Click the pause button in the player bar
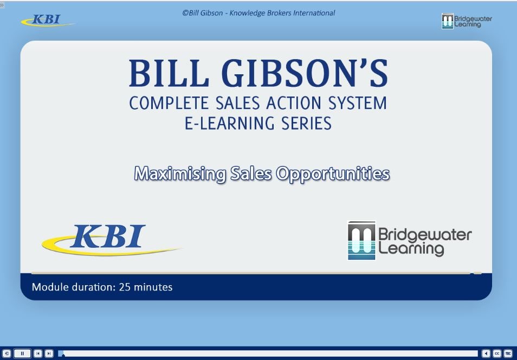(22, 353)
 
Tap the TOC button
(508, 353)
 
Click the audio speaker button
(486, 353)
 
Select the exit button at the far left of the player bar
(7, 353)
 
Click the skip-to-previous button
(38, 353)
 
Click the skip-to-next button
(49, 353)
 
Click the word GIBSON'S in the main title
(305, 73)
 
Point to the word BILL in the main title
(169, 73)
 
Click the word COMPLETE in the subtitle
(169, 103)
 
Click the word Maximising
(180, 173)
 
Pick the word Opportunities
(333, 174)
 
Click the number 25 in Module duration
(125, 287)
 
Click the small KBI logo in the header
(48, 21)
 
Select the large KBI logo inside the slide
(111, 240)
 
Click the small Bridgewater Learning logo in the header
(467, 21)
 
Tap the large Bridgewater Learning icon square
(361, 240)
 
